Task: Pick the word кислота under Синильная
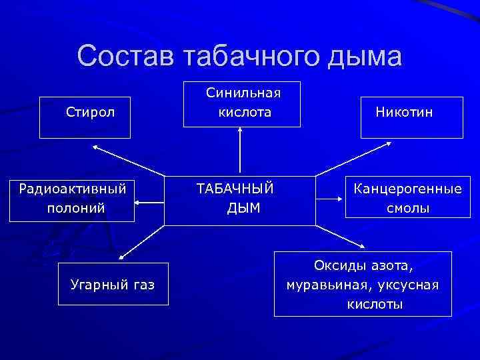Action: click(245, 112)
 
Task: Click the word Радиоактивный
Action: click(73, 189)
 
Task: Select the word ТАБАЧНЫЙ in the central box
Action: click(235, 189)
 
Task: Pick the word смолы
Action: click(408, 208)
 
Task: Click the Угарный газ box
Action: click(113, 285)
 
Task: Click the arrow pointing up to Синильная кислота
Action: click(240, 150)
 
